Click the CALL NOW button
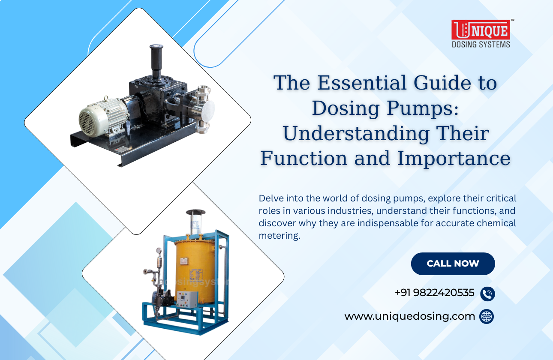pos(453,264)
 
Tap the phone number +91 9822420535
pos(434,293)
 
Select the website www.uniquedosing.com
pos(409,316)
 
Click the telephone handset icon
pos(487,294)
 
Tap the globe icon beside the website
pos(487,317)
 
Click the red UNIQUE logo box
pos(481,30)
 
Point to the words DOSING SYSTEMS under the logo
pos(481,44)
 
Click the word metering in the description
pos(279,236)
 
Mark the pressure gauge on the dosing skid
pos(159,252)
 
